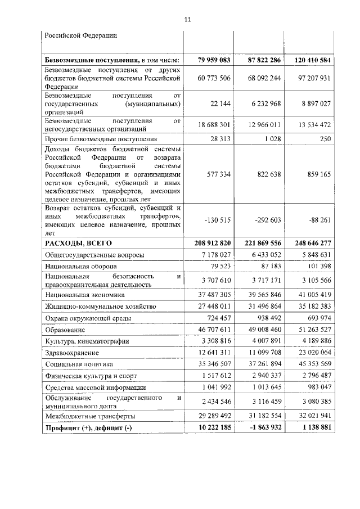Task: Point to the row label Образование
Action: [x=66, y=330]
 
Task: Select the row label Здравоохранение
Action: [x=73, y=353]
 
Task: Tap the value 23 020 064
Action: [x=310, y=353]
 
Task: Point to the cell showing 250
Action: [x=323, y=138]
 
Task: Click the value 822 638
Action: [x=265, y=175]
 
